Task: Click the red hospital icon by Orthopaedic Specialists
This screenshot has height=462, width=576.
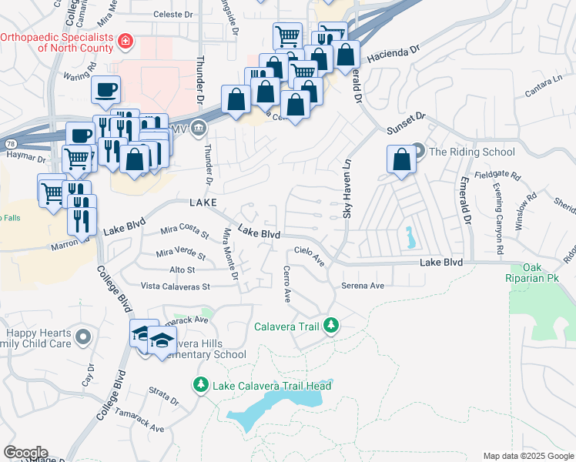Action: pos(125,40)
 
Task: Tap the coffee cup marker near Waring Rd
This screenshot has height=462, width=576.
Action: pos(105,89)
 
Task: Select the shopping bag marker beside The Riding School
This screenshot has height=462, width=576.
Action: pos(401,160)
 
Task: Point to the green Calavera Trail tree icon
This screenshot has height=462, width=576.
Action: pos(330,326)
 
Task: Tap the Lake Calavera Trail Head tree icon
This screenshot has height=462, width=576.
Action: pos(201,383)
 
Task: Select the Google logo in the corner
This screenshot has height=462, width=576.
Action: pos(25,453)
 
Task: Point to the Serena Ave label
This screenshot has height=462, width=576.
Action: pos(362,286)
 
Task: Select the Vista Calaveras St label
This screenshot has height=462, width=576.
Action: pos(175,286)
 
